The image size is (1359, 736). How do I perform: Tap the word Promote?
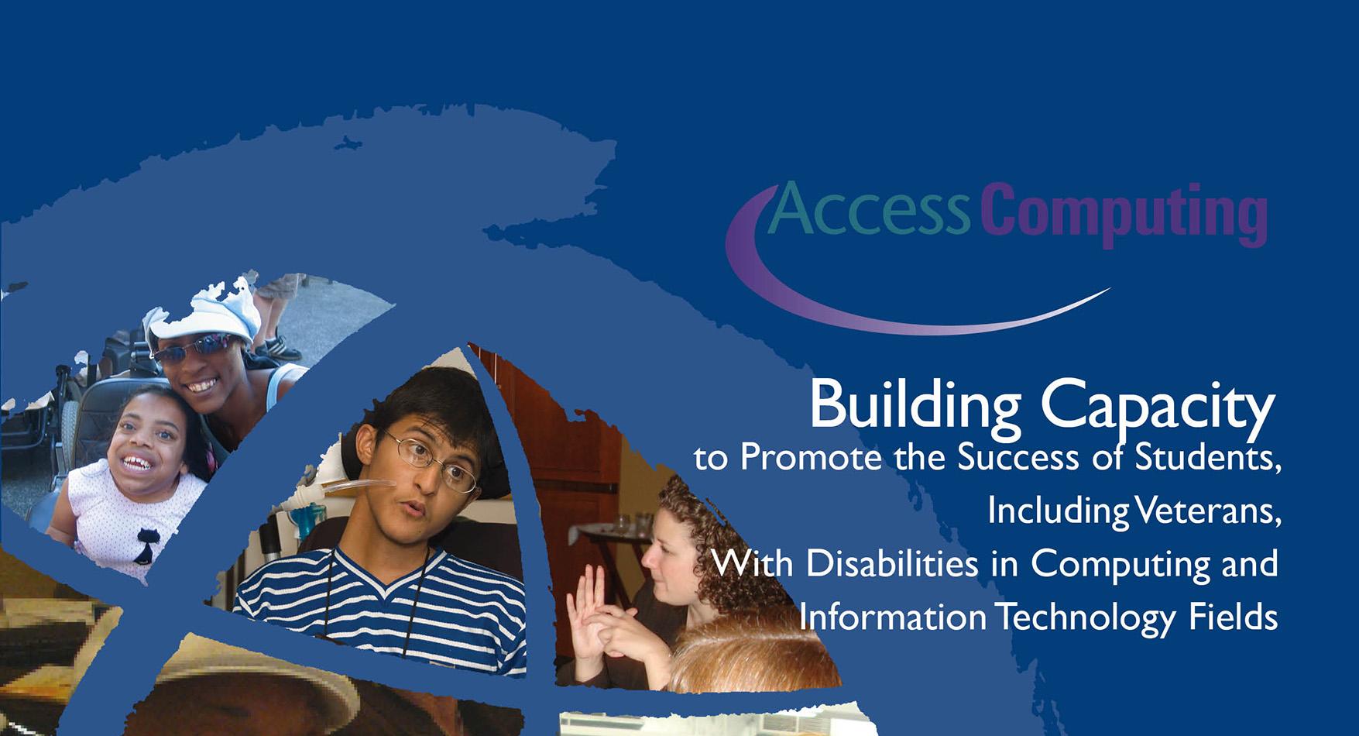point(810,458)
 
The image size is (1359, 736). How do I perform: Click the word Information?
point(892,617)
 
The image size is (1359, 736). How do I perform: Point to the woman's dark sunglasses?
point(190,349)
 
